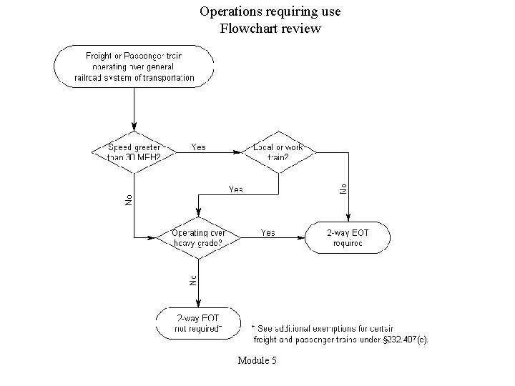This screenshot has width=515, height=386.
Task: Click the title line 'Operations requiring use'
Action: click(270, 12)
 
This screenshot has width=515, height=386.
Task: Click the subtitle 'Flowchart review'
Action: click(270, 29)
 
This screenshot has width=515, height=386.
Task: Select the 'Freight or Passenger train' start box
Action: click(134, 66)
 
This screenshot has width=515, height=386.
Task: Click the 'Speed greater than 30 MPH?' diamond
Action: click(134, 152)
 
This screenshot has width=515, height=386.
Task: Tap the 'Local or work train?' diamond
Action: click(278, 152)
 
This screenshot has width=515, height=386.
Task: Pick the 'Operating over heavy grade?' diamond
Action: click(198, 237)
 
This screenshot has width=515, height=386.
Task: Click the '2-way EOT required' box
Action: click(348, 237)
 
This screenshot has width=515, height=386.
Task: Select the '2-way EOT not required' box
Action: click(198, 323)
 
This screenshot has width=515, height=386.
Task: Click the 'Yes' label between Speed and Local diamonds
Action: click(198, 147)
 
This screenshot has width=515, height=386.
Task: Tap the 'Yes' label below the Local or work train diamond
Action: click(235, 189)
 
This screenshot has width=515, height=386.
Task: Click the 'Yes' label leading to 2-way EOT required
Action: click(268, 233)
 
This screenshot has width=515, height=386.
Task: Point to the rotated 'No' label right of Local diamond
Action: click(343, 188)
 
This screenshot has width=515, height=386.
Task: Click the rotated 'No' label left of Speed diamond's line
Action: click(129, 200)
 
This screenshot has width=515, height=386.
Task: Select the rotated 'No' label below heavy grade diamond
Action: click(192, 280)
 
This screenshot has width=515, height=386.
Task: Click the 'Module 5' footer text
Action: click(257, 360)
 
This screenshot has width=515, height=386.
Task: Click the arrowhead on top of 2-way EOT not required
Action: click(198, 304)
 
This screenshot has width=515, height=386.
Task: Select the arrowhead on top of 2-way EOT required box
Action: click(348, 219)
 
